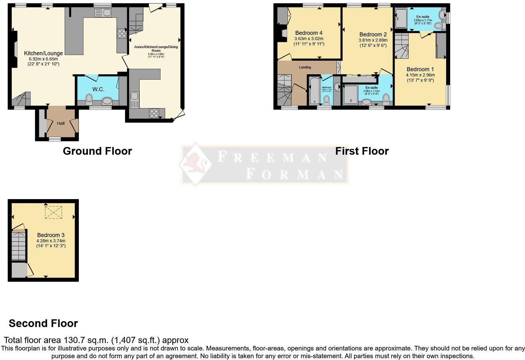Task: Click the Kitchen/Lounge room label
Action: point(43,53)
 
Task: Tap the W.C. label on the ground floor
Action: point(98,89)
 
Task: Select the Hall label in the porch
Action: point(61,123)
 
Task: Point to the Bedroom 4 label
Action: point(309,33)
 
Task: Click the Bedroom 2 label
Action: point(373,35)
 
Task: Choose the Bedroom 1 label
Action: point(420,69)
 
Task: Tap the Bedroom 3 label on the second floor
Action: point(51,235)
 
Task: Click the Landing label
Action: point(305,67)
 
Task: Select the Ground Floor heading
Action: point(97,151)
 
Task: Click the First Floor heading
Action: point(362,151)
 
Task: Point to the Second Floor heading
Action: point(43,323)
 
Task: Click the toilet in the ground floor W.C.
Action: point(89,98)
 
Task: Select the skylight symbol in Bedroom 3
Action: point(53,212)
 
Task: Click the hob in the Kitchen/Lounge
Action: point(122,33)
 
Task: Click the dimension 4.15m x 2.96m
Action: point(420,75)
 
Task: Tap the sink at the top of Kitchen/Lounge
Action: point(103,13)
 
